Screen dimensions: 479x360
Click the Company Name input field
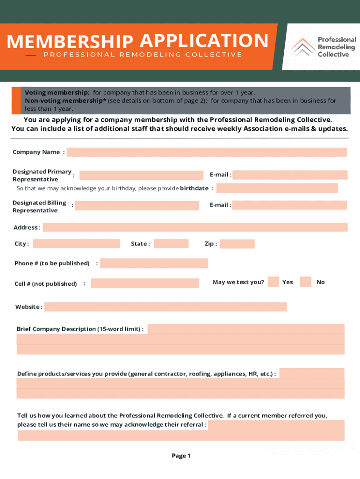(x=207, y=152)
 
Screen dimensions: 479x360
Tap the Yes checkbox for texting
(x=274, y=282)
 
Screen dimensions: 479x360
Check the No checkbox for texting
(x=306, y=282)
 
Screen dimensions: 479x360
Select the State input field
(x=171, y=244)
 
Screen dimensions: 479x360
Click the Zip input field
(x=237, y=244)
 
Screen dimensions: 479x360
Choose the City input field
(x=76, y=244)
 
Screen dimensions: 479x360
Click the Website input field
(x=166, y=307)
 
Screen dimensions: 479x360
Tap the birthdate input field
(x=277, y=188)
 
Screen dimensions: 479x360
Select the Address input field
(x=195, y=227)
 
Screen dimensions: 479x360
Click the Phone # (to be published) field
(x=154, y=263)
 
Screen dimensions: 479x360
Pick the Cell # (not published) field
(x=145, y=283)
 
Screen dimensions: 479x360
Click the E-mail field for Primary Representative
(x=290, y=175)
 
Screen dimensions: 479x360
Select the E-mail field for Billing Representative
(x=290, y=205)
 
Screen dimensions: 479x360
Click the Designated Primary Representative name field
(x=141, y=175)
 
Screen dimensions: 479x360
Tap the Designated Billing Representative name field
(x=137, y=205)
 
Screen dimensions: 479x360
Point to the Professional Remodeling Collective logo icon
(x=303, y=47)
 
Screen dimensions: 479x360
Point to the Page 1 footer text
(x=181, y=456)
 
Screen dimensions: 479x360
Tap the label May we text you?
(x=238, y=282)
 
